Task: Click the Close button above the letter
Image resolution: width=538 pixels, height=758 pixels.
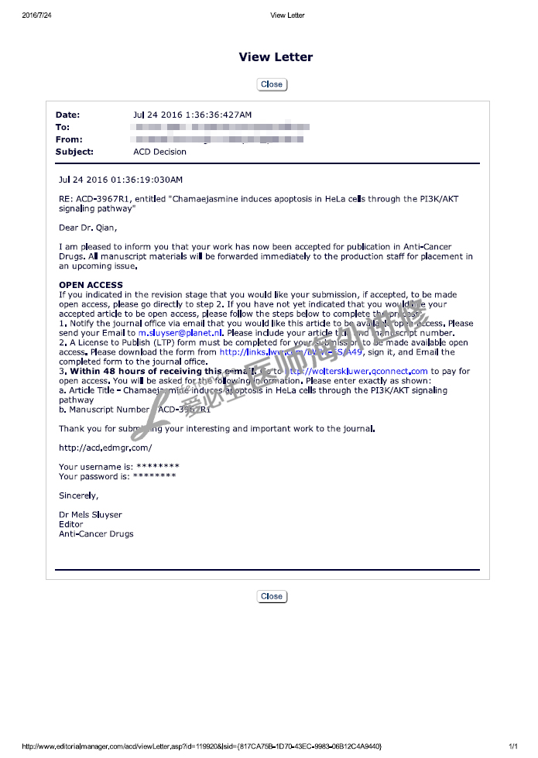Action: point(272,84)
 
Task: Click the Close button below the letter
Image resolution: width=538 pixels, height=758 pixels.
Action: point(272,596)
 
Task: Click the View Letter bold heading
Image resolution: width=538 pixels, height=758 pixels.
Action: point(276,57)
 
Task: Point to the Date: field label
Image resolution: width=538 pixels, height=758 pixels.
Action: point(67,115)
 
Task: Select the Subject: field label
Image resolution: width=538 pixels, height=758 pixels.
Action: point(74,152)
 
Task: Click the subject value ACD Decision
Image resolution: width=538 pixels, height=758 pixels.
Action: point(159,152)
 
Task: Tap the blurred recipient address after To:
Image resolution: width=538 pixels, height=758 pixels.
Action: point(222,127)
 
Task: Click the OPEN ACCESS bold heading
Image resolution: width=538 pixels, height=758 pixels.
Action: point(91,285)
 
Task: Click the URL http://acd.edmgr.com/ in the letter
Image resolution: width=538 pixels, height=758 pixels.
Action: point(105,448)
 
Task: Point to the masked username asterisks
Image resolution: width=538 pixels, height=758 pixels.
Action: point(157,466)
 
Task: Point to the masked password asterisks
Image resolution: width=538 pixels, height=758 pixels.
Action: point(154,475)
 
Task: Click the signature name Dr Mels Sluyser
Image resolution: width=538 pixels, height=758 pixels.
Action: point(91,515)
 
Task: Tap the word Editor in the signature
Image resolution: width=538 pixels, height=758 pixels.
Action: point(71,524)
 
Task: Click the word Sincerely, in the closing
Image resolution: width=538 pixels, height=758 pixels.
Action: point(79,495)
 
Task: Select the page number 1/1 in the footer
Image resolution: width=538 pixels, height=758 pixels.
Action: point(512,746)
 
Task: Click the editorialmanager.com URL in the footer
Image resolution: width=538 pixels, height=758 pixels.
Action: point(202,746)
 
